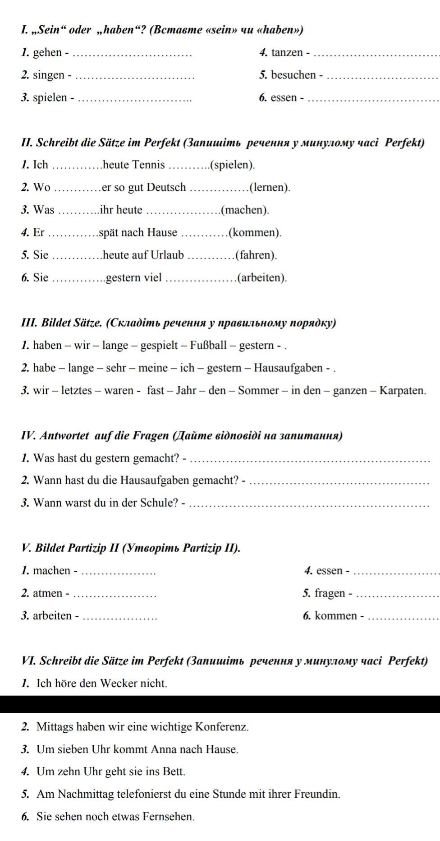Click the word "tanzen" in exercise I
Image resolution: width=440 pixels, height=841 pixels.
tap(287, 53)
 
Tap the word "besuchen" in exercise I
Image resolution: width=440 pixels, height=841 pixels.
tap(293, 75)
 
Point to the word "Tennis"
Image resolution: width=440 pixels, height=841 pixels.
tap(148, 165)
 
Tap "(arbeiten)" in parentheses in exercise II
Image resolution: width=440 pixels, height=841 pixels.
tap(262, 278)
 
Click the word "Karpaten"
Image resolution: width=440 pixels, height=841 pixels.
tap(403, 391)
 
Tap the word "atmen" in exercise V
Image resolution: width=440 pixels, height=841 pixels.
tap(48, 593)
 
